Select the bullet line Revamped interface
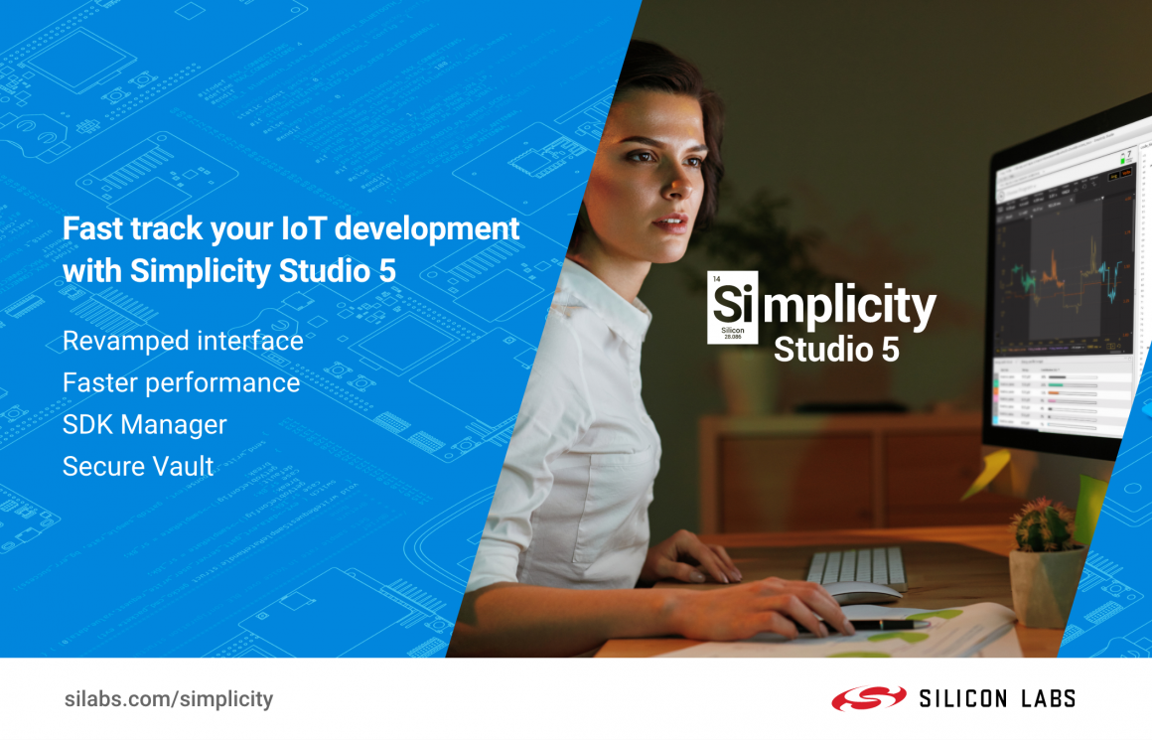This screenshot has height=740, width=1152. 183,341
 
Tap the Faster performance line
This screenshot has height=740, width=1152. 181,382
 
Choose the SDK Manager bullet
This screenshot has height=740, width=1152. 144,424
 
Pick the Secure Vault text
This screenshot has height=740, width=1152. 138,466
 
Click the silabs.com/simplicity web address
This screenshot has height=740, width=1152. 168,698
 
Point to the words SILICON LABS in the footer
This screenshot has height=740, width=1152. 996,698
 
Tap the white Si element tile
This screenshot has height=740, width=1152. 732,307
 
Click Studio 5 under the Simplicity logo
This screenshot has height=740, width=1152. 836,350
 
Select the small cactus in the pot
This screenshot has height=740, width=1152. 1042,524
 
